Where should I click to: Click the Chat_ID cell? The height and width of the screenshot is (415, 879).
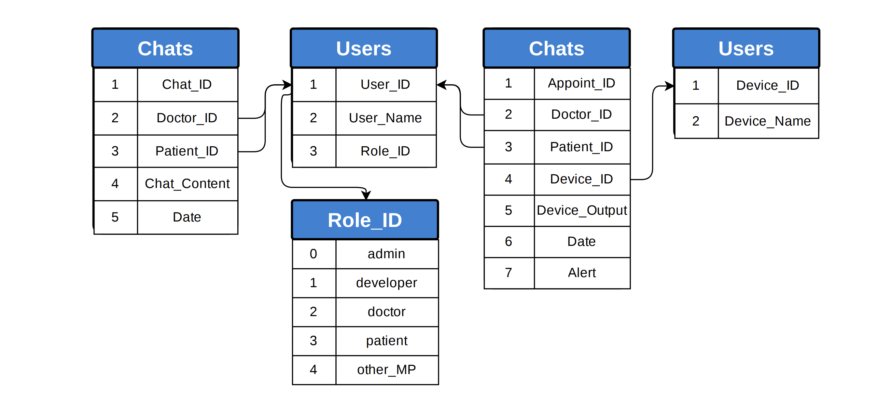tap(187, 85)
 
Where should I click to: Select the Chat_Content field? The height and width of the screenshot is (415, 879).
tap(187, 184)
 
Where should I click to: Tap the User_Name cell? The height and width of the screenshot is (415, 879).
tap(385, 118)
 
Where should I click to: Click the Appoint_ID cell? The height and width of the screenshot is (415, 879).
tap(581, 83)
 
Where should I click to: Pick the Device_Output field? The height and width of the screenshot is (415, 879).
tap(581, 210)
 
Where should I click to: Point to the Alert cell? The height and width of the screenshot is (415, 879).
tap(581, 273)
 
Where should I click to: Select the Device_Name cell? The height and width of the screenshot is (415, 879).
tap(767, 121)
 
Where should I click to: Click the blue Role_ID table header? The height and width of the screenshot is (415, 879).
tap(365, 220)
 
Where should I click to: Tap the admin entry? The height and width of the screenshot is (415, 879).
tap(386, 254)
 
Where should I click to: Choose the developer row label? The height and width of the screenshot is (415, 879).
tap(386, 283)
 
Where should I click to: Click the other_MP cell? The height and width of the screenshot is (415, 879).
tap(386, 370)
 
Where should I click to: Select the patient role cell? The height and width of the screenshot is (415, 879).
tap(386, 341)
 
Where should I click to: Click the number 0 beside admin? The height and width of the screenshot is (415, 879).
tap(313, 254)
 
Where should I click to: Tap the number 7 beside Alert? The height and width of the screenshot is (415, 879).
tap(509, 273)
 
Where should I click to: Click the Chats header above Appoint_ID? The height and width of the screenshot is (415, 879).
tap(556, 48)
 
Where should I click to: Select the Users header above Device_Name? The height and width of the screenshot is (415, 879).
tap(746, 48)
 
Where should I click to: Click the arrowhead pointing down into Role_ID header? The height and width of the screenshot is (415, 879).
tap(366, 195)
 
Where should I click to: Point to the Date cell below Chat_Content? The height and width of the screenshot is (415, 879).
tap(187, 217)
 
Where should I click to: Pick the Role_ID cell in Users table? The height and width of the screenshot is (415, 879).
tap(385, 151)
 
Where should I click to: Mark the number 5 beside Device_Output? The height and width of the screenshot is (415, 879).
tap(509, 210)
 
